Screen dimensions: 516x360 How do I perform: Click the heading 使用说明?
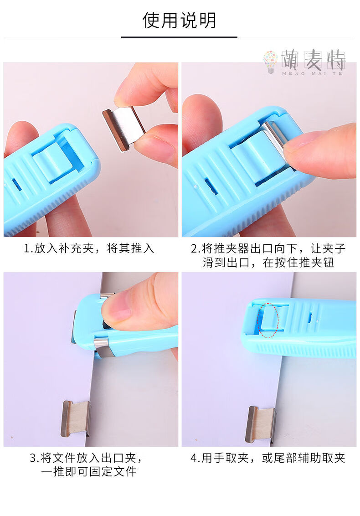179,20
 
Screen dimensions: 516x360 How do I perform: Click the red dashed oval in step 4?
267,321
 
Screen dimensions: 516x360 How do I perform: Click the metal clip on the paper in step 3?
76,418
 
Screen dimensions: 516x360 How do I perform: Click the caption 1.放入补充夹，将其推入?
89,248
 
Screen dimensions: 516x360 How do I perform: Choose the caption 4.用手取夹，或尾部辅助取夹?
268,458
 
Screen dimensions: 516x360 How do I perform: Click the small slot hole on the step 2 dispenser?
211,186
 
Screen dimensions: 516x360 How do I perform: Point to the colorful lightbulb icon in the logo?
270,62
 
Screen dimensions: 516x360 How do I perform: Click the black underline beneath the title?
179,37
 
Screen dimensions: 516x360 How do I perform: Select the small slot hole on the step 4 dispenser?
310,317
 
